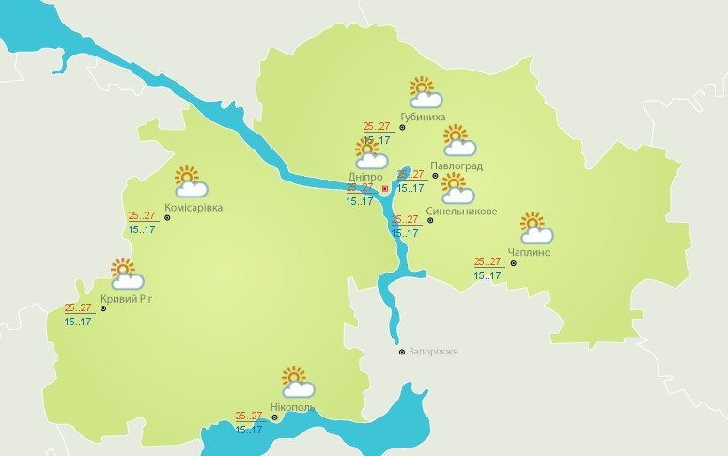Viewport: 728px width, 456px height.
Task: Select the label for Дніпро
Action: click(364, 176)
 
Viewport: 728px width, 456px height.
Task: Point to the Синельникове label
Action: click(461, 211)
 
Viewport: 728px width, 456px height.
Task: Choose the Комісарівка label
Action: click(194, 207)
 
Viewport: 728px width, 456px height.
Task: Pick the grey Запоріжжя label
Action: click(434, 352)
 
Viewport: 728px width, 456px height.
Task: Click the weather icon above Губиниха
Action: click(426, 92)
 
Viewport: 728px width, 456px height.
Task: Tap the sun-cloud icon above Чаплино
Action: click(535, 228)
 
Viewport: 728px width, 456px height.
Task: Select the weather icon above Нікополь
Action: click(297, 382)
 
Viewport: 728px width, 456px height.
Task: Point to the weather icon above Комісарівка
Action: click(190, 181)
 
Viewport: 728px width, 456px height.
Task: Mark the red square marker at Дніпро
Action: click(385, 188)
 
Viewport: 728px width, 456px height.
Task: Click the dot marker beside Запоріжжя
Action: click(402, 353)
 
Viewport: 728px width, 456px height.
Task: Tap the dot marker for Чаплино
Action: click(513, 263)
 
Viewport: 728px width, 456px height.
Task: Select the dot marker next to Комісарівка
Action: click(167, 217)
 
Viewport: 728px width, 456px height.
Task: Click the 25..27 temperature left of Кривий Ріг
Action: click(78, 307)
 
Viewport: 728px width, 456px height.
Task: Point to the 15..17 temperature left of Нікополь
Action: click(248, 430)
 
